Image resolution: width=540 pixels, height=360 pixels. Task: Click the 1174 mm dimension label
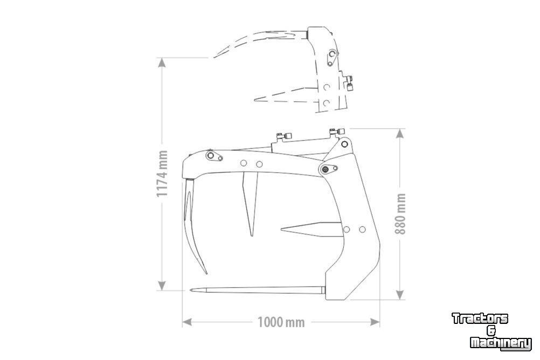[162, 174]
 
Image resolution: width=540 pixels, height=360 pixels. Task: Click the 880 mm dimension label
[400, 213]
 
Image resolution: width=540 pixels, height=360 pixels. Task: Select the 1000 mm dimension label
[281, 322]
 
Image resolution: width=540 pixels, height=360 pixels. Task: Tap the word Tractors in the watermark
[480, 319]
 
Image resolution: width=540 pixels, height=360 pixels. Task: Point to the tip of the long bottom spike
[190, 290]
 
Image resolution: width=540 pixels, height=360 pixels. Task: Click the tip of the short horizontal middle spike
[281, 229]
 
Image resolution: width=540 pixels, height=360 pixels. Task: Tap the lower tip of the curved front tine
[206, 274]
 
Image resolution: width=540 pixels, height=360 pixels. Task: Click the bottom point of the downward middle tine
[251, 237]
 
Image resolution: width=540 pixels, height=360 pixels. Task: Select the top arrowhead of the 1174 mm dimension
[162, 63]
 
